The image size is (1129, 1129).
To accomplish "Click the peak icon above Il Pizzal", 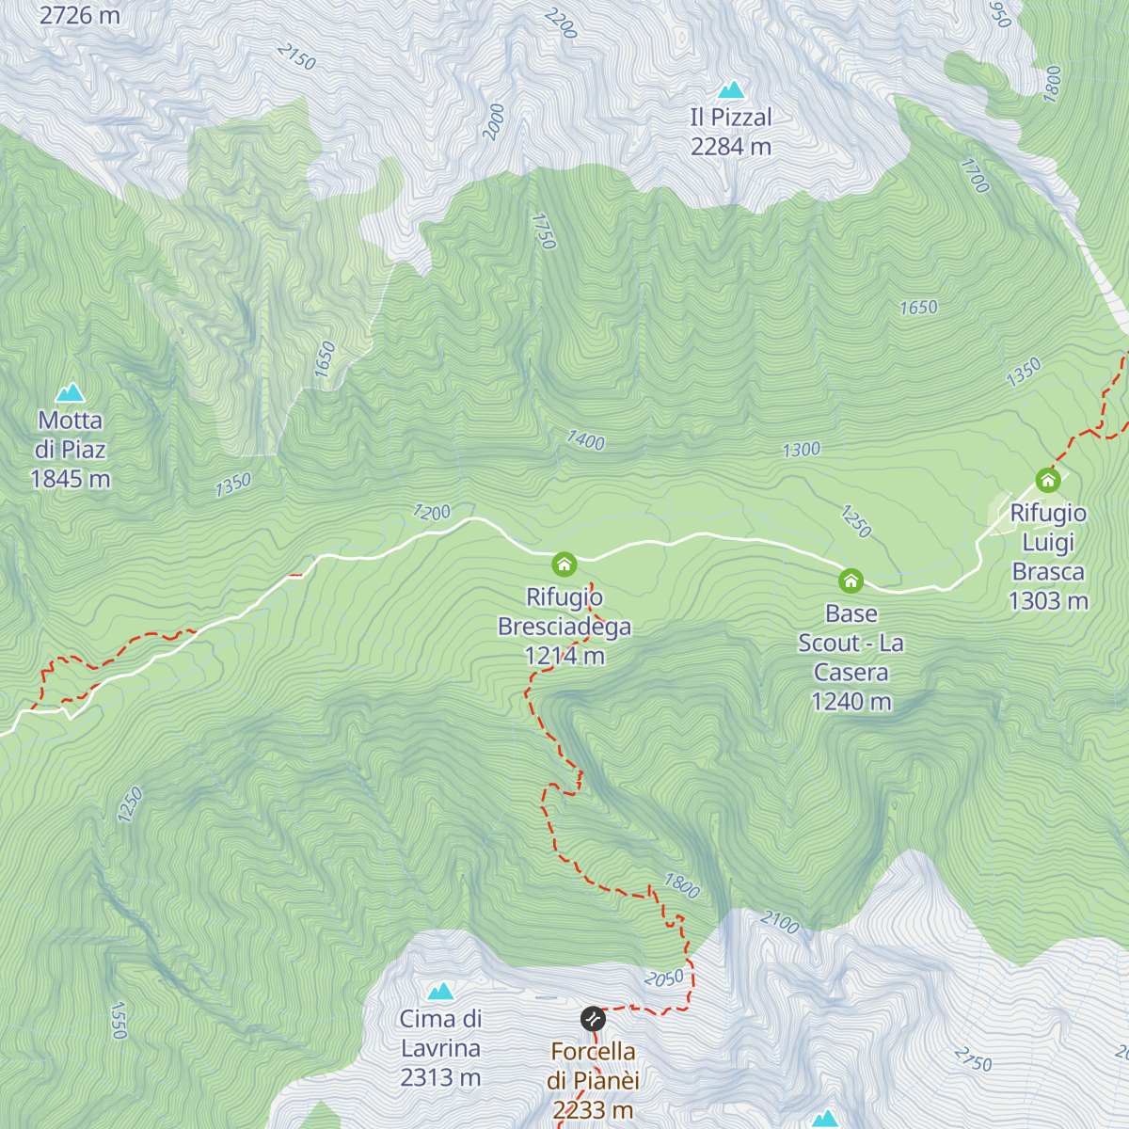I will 731,90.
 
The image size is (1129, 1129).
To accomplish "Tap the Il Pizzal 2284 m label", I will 731,132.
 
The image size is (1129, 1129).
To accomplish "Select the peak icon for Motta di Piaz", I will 70,392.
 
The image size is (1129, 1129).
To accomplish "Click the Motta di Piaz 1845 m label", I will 71,450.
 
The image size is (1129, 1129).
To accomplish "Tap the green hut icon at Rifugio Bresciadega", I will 564,564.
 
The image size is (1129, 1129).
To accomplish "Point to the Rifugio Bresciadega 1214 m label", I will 564,627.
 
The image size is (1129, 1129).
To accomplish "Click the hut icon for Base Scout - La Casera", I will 851,580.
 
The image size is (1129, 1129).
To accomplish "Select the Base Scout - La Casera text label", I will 851,657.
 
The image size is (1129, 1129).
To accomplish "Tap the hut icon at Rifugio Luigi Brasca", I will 1048,480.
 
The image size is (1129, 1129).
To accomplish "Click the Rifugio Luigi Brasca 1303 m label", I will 1048,557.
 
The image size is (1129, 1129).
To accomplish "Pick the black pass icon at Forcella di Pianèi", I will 592,1019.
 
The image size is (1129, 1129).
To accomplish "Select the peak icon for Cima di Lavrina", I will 440,991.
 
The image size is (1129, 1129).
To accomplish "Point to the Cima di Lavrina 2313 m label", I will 440,1048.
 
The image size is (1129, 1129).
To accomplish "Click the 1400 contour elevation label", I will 585,440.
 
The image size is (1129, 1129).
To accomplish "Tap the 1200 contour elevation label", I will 432,513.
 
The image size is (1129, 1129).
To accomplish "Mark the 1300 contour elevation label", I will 802,450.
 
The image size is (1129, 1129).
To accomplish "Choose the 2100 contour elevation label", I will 780,922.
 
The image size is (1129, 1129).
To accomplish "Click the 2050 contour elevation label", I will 664,978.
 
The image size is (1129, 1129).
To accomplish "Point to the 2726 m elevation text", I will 79,15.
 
